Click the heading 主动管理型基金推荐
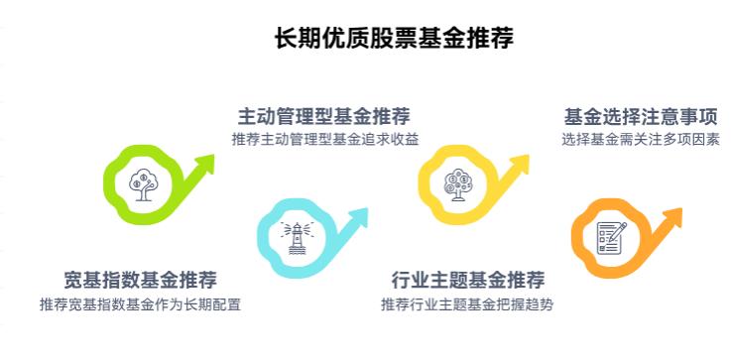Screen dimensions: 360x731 tap(324, 116)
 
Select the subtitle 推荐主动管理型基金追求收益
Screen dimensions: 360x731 tap(324, 139)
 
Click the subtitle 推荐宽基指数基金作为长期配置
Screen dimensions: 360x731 tap(140, 303)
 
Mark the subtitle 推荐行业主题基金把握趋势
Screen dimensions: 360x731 tap(467, 303)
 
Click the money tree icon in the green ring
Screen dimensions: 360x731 tap(141, 182)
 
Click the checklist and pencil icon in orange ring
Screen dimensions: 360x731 tap(610, 237)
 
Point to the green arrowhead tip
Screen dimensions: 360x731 tap(212, 158)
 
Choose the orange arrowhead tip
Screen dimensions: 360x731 tap(681, 211)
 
